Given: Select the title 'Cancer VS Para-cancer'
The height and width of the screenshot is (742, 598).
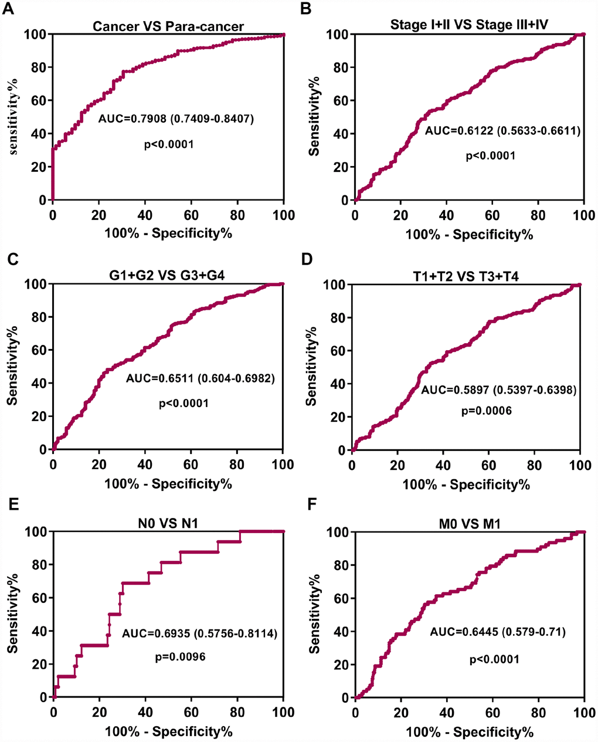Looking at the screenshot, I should click(168, 26).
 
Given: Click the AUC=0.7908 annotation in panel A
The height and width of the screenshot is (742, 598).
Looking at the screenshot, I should click(176, 120).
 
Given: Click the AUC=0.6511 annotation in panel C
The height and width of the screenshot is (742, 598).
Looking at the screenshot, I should click(200, 379).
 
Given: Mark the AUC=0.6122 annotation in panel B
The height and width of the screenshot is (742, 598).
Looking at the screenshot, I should click(502, 131).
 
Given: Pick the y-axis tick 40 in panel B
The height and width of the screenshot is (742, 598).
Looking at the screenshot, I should click(341, 134).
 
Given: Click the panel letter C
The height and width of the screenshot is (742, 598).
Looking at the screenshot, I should click(10, 258).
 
